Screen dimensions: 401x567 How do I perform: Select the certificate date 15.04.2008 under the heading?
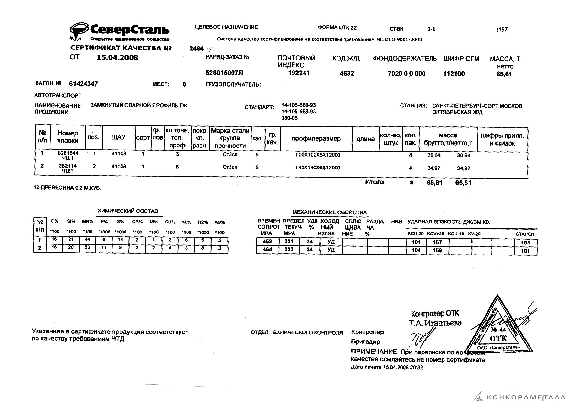(118, 58)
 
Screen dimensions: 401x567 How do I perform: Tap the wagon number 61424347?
(83, 84)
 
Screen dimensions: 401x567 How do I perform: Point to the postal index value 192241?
(298, 73)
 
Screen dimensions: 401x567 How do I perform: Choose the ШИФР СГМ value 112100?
(454, 74)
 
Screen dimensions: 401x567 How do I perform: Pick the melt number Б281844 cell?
(68, 153)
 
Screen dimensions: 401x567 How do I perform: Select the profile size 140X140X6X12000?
(318, 168)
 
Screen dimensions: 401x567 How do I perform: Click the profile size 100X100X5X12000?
(318, 155)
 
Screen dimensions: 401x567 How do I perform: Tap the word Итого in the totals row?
(374, 182)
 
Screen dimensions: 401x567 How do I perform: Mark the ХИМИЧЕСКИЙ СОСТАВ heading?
(128, 211)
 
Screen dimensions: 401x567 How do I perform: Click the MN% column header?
(87, 222)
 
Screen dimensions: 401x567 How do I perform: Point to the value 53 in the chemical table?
(87, 248)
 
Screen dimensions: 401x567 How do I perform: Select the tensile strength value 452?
(267, 242)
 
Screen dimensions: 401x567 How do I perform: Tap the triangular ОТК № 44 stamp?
(498, 328)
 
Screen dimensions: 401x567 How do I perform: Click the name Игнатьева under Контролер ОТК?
(443, 323)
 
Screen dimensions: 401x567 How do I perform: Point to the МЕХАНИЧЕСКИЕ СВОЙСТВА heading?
(329, 212)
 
